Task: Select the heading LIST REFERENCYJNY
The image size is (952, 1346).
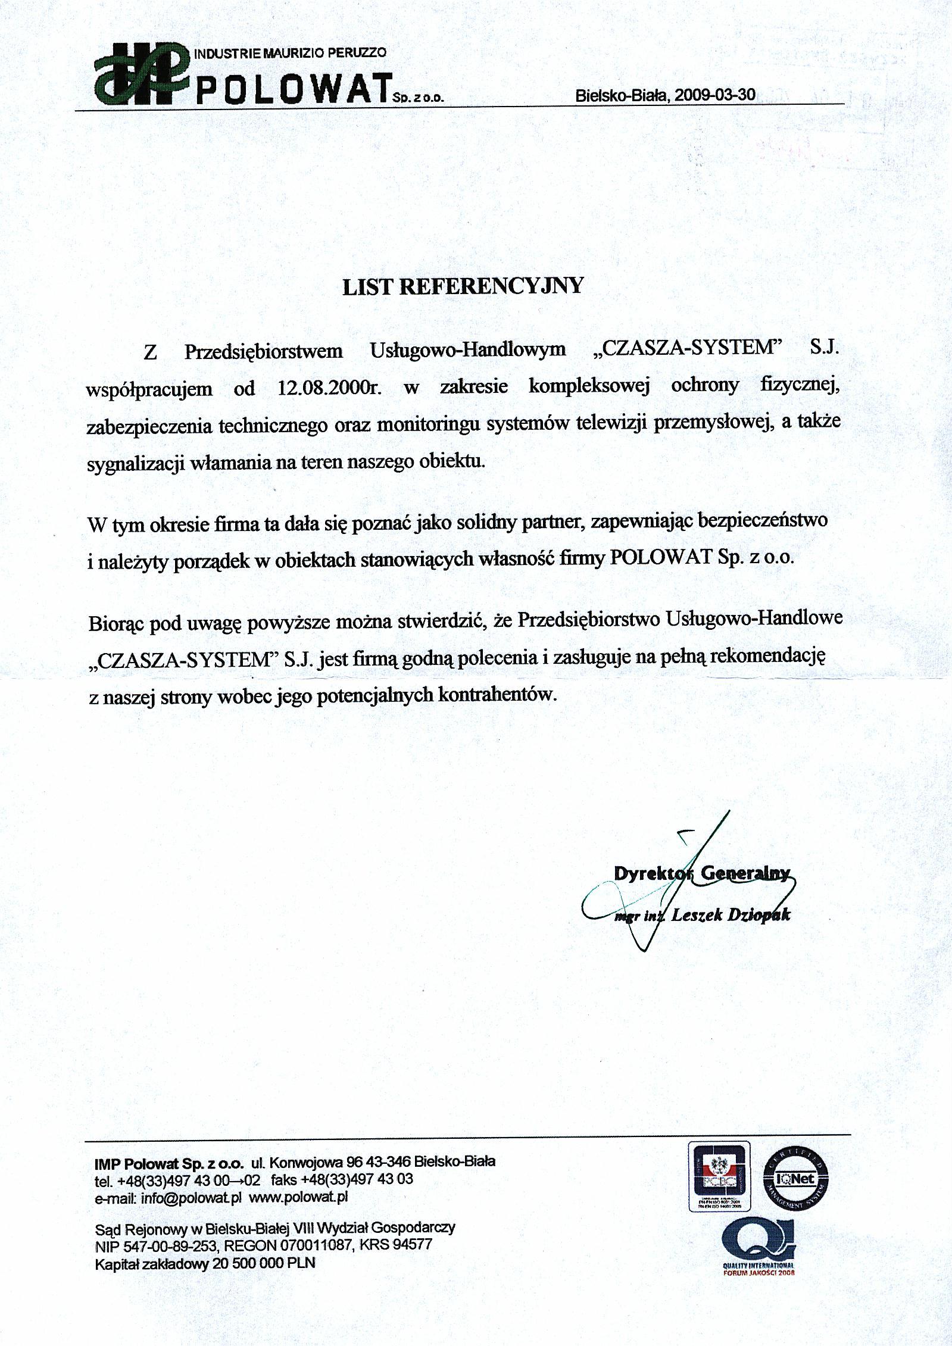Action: point(463,286)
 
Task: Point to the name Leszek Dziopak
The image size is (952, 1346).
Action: point(730,915)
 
